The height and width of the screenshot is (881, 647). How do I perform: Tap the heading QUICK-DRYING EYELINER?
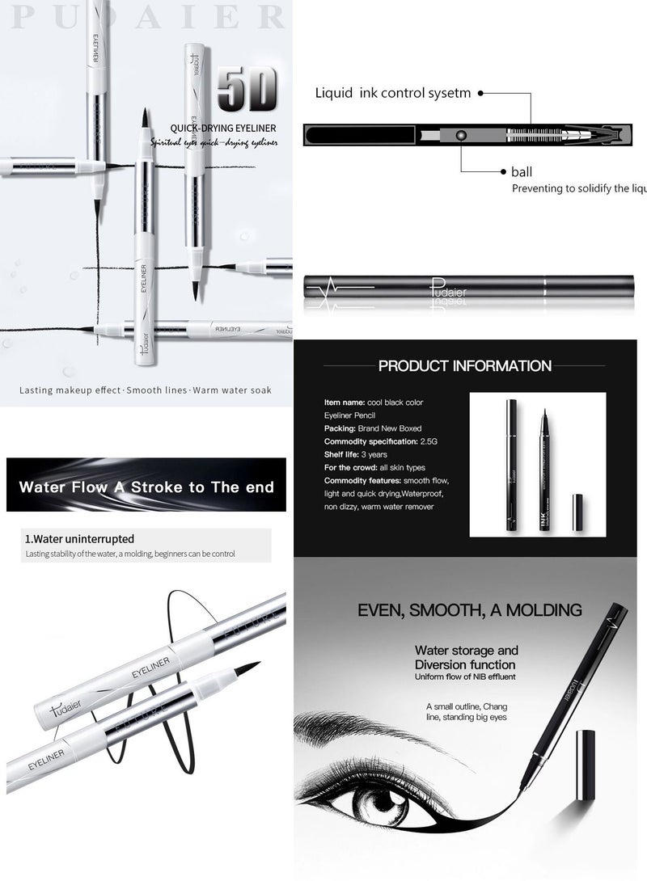(x=223, y=128)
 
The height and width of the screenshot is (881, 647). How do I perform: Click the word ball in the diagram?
(x=522, y=172)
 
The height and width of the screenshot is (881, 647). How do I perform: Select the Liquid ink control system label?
(x=393, y=93)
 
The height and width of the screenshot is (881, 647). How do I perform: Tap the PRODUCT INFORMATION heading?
(x=465, y=366)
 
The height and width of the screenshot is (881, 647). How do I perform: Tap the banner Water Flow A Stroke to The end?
(x=146, y=487)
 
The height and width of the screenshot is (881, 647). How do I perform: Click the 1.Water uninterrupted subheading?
(x=79, y=539)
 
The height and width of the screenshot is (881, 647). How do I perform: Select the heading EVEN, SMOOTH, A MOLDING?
(x=469, y=609)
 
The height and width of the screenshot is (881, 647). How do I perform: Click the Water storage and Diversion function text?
(x=466, y=657)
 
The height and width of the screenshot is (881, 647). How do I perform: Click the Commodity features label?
(x=361, y=481)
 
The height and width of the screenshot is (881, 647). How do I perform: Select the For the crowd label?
(x=353, y=467)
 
